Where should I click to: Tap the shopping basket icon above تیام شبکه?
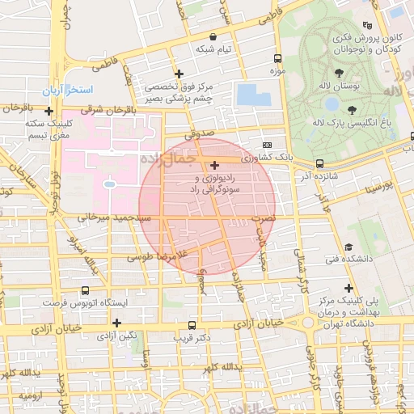point(213,36)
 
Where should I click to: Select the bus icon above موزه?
point(278,58)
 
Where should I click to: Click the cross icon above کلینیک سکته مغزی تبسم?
point(49,111)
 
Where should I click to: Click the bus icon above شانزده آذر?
point(319,163)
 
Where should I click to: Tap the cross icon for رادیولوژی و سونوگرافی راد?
point(213,165)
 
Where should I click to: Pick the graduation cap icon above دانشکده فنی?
point(349,247)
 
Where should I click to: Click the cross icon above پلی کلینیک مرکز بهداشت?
point(349,288)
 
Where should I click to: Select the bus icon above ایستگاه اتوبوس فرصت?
point(85,290)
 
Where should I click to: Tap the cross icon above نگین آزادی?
point(117,322)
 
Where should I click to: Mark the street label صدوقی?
point(197,135)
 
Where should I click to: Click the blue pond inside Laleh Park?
point(332,104)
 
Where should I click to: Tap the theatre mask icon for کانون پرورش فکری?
point(368,25)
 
